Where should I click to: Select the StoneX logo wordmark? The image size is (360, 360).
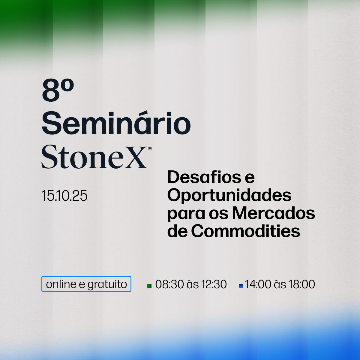[x=94, y=157]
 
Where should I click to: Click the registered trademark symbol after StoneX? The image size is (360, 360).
[x=150, y=148]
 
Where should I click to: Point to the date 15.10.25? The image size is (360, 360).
[x=64, y=196]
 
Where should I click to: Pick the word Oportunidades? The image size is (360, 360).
[x=229, y=195]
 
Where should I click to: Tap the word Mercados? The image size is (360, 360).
[x=274, y=213]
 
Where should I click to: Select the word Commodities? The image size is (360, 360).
[x=245, y=231]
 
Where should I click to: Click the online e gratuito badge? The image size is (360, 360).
[x=86, y=284]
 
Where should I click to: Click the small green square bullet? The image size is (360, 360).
[x=149, y=286]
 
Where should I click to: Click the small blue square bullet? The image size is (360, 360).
[x=241, y=286]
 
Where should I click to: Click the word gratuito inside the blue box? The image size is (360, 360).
[x=107, y=284]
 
